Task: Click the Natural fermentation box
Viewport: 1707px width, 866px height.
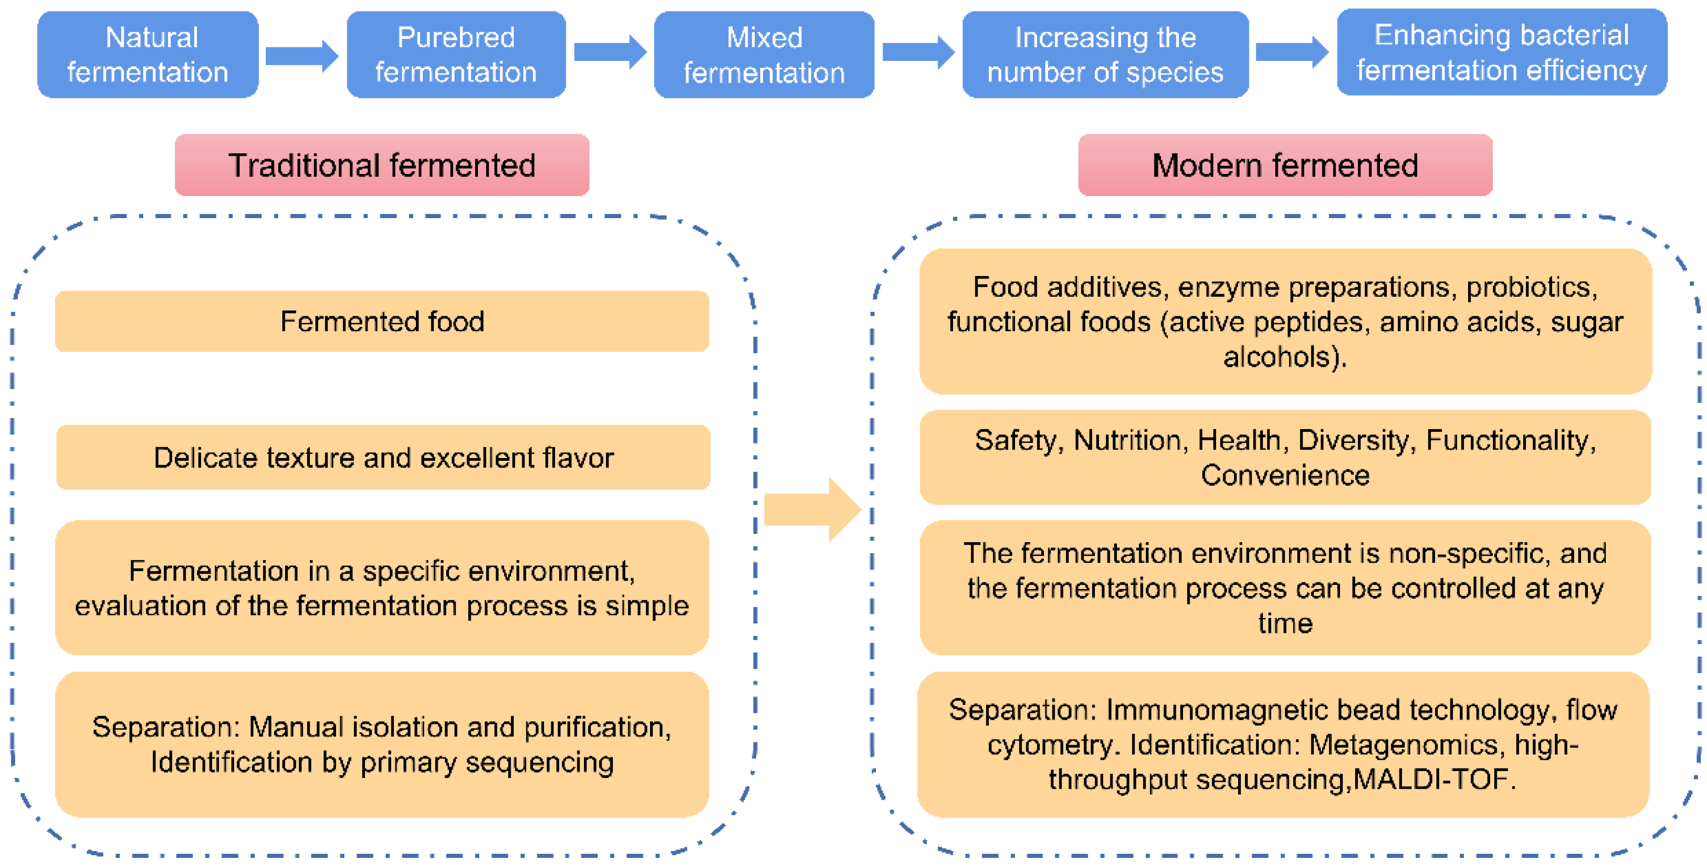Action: (147, 54)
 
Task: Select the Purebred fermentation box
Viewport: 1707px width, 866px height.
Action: (456, 54)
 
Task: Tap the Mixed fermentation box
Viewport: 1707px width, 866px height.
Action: (764, 54)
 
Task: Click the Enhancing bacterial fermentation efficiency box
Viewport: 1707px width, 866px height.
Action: (1501, 52)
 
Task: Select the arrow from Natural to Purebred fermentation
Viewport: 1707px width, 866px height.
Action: (301, 56)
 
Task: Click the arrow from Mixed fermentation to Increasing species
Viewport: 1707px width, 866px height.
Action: (918, 51)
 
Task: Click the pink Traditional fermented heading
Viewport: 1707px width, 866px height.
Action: (382, 165)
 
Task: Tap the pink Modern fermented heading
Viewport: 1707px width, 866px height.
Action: (1285, 165)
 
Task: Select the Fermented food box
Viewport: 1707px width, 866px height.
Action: (382, 321)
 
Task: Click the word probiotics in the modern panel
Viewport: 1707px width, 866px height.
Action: (1527, 287)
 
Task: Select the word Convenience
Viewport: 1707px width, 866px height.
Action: (1285, 475)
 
